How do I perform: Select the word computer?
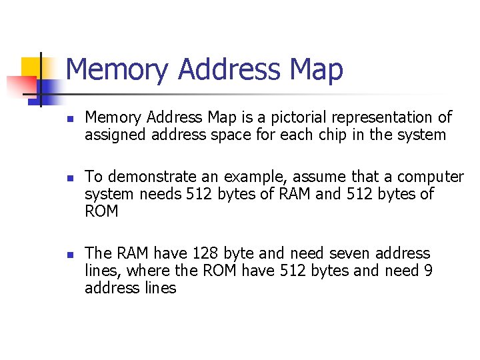click(431, 177)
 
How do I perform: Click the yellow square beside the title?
click(29, 67)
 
